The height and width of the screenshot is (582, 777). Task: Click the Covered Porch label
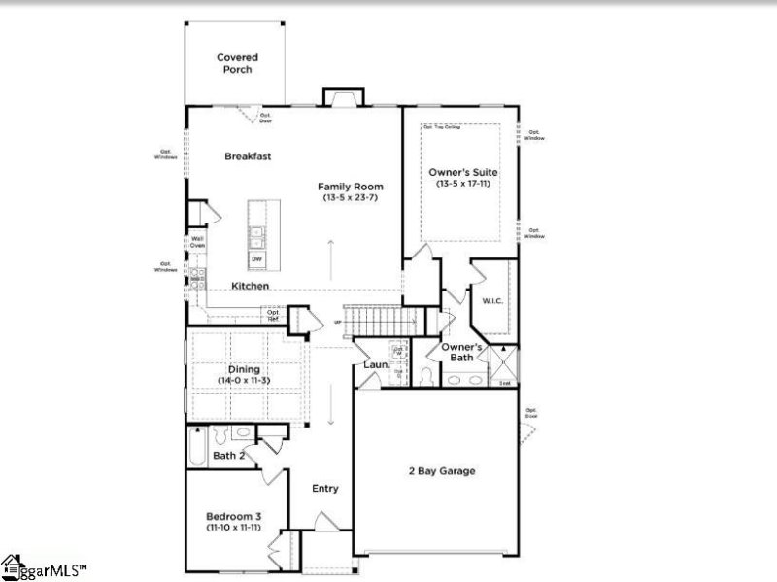tap(236, 63)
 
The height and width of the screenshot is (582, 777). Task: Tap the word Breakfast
tap(248, 156)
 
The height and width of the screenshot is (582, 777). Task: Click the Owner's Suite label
tap(463, 172)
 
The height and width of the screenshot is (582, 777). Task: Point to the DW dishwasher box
tap(257, 259)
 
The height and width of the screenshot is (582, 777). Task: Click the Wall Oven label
tap(197, 242)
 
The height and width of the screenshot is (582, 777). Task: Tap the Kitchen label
tap(250, 286)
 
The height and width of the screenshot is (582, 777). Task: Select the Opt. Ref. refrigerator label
tap(274, 314)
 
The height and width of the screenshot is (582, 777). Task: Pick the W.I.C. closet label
tap(490, 301)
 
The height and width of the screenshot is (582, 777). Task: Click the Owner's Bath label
tap(462, 352)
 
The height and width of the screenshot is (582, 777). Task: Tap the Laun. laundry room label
tap(376, 365)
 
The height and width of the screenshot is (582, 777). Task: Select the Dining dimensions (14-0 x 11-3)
tap(244, 381)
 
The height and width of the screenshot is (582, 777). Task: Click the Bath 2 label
tap(228, 455)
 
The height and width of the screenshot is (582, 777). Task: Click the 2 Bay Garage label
tap(441, 471)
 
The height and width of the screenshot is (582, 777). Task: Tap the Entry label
tap(325, 488)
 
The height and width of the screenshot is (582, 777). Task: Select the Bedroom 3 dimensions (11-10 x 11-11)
tap(233, 527)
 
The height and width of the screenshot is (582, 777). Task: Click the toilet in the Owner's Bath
tap(428, 374)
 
